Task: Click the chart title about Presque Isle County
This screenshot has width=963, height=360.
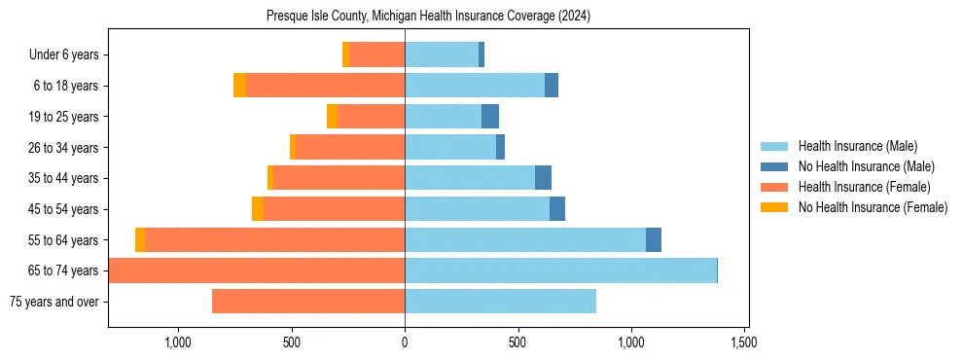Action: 428,17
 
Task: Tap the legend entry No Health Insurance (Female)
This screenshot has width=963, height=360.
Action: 873,207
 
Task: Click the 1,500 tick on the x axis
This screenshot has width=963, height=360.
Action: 744,342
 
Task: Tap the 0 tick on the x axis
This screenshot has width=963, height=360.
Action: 405,342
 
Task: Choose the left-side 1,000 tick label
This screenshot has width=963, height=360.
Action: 178,342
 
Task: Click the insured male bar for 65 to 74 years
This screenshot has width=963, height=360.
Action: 560,270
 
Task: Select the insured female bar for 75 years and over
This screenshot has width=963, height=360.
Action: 308,302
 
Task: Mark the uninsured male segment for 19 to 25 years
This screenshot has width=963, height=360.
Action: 490,117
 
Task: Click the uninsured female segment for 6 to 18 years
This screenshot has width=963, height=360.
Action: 239,86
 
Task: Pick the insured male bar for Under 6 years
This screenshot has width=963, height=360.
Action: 442,55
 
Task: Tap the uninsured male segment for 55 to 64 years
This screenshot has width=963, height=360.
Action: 654,239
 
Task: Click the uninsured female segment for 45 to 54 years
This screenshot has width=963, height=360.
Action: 258,209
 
